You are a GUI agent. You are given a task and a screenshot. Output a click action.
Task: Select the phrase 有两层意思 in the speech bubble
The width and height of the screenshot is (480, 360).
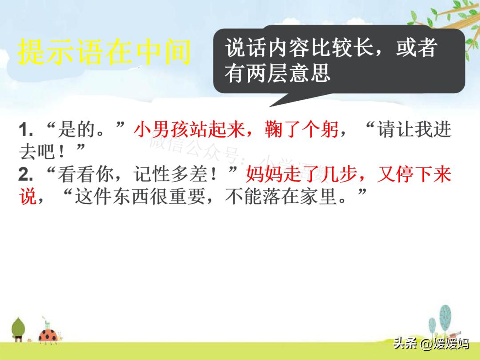point(277,72)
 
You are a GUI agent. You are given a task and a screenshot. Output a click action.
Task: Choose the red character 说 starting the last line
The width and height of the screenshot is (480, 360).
point(27,196)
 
